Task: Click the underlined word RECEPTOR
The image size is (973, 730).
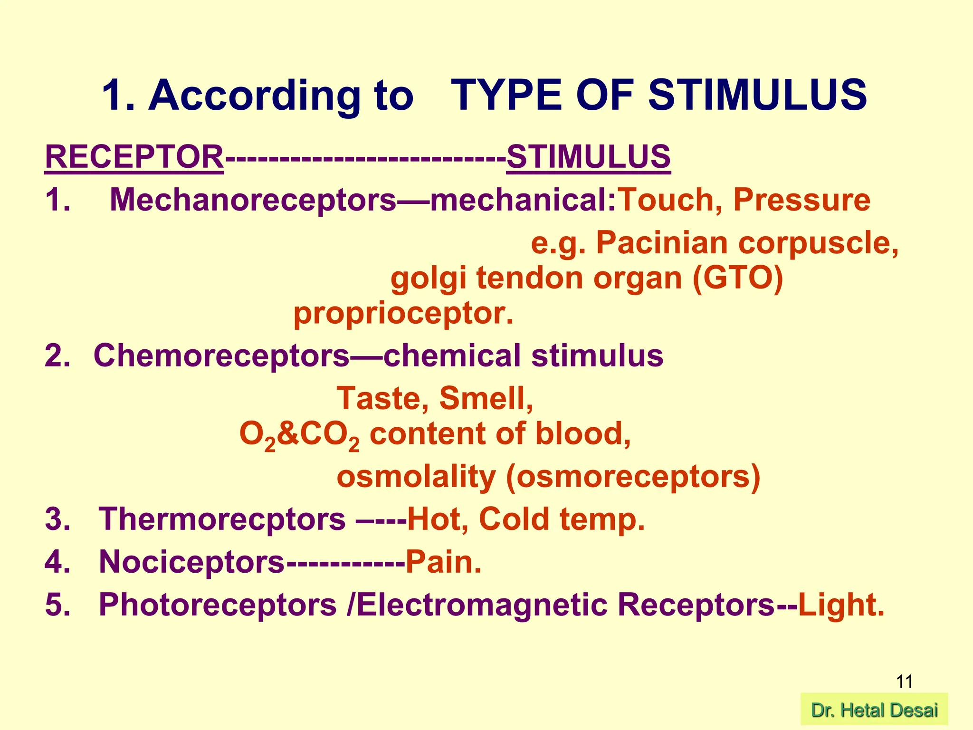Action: click(134, 157)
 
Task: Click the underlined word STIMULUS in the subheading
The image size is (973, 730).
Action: click(588, 157)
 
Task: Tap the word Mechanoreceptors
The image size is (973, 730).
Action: click(253, 200)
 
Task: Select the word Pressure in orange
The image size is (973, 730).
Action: click(801, 200)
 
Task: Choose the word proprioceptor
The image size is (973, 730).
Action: click(403, 314)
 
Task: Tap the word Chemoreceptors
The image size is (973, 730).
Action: click(221, 355)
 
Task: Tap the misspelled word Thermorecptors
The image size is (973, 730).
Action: click(222, 519)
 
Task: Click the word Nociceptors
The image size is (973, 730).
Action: click(191, 562)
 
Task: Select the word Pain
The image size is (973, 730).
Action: click(443, 562)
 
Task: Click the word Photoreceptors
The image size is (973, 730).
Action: click(218, 605)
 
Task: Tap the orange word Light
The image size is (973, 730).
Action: click(840, 605)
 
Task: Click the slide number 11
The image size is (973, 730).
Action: click(904, 682)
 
